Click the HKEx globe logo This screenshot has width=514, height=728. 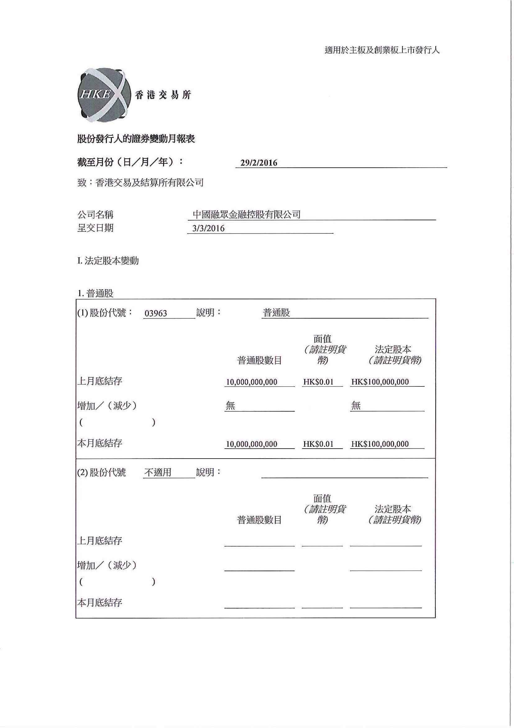pos(104,95)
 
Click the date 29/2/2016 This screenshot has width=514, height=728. pos(259,163)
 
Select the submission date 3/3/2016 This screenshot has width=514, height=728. pos(208,228)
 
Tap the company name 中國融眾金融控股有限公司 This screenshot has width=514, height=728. pos(246,215)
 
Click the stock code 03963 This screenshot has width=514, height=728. pos(155,313)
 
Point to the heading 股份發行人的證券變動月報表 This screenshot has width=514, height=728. pos(136,139)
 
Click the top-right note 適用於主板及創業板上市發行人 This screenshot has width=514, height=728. pos(382,50)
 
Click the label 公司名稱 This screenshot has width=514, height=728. pos(95,215)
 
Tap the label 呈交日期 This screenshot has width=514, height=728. pos(95,228)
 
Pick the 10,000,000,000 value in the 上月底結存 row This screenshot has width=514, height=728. pos(251,382)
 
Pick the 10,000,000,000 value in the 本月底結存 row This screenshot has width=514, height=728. pos(251,444)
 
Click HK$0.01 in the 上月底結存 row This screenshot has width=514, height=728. pos(318,382)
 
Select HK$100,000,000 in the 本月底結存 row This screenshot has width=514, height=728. pos(380,444)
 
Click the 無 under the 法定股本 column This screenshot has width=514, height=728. pos(356,406)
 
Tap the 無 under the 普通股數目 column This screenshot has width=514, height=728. pos(230,406)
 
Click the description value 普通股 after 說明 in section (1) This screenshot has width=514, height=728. pos(276,313)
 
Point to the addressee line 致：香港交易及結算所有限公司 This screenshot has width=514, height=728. pos(140,183)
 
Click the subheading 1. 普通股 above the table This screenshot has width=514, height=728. pos(95,293)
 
